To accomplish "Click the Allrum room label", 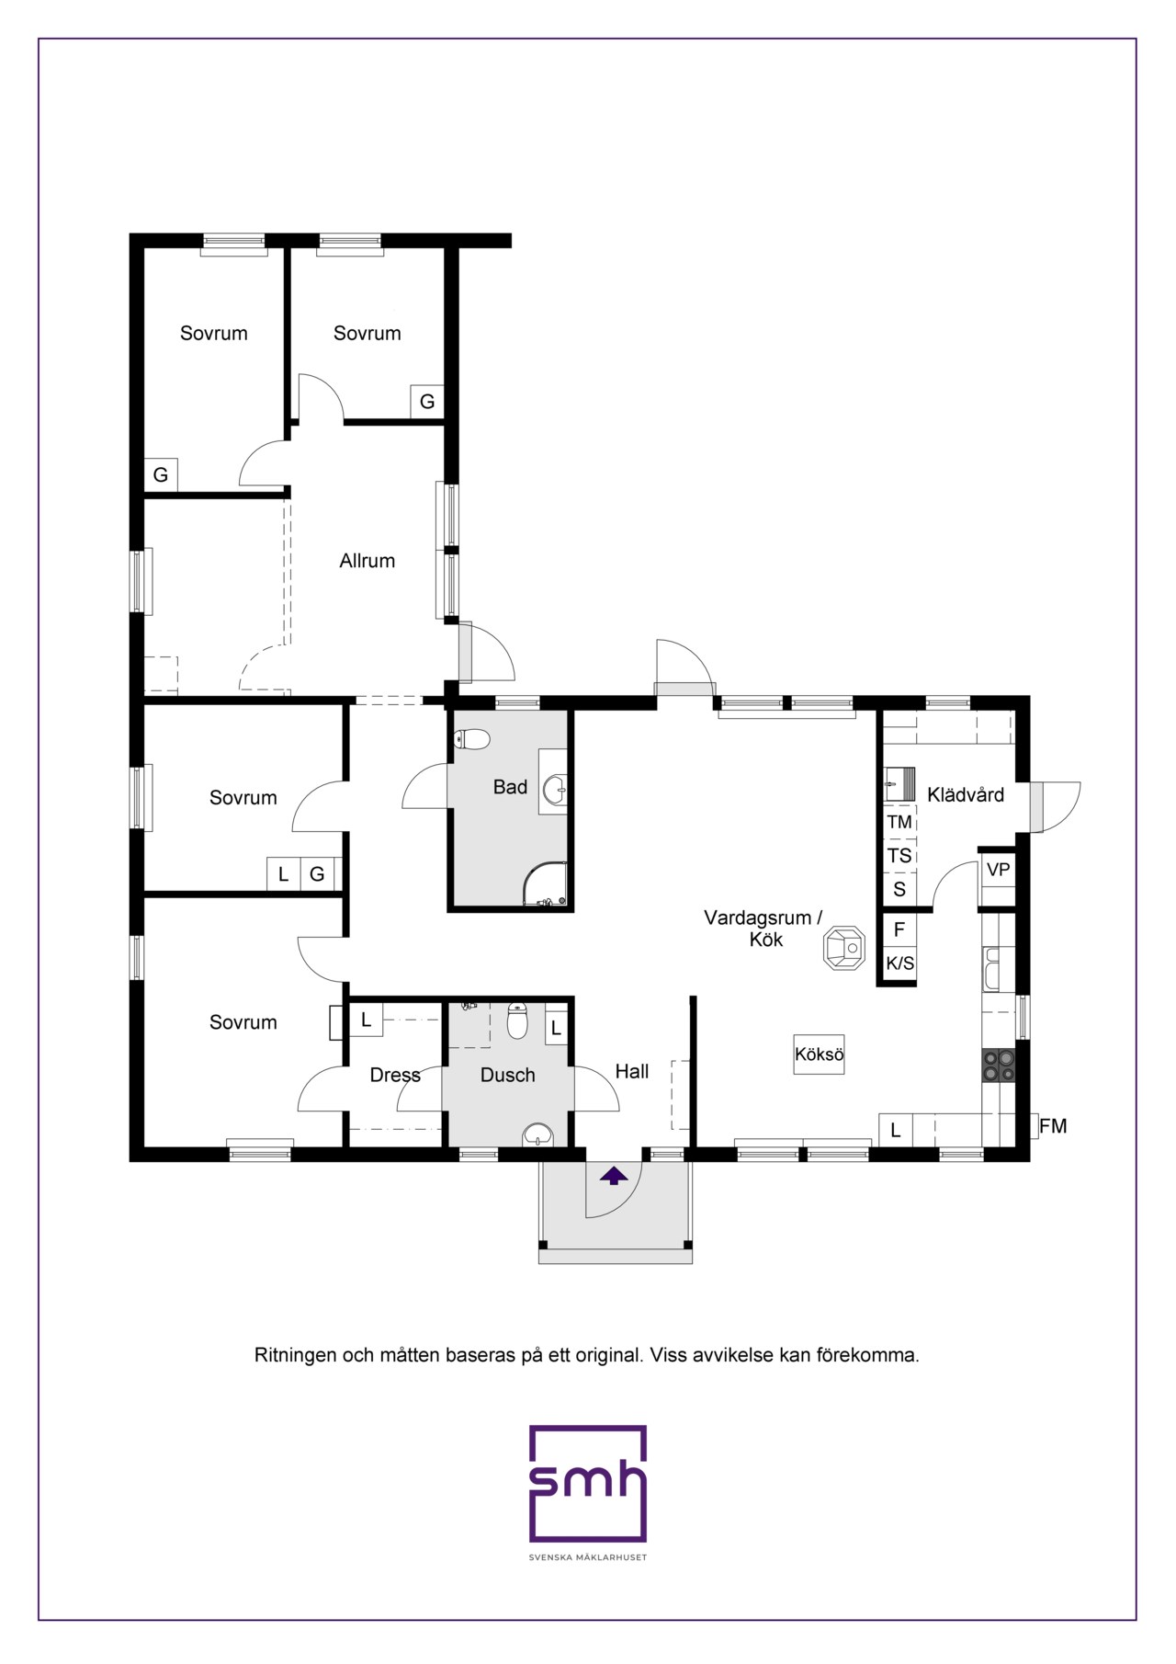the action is point(367,561).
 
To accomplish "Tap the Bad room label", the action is point(510,787).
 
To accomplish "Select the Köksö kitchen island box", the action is point(820,1054).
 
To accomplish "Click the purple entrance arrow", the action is point(614,1175).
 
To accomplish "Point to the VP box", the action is point(998,870).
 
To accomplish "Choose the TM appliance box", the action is point(899,822).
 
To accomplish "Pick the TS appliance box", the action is point(899,856).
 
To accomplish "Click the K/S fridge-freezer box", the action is point(899,963).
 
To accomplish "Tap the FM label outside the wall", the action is point(1053,1126).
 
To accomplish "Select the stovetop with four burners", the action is point(999,1066).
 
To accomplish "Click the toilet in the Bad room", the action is point(472,739).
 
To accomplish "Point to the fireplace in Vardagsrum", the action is point(843,948).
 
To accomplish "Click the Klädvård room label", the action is point(966,795).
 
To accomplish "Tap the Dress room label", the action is point(395,1076).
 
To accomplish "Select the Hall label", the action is point(632,1072).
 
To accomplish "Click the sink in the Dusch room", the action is point(537,1135).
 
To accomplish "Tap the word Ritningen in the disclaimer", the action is point(295,1356).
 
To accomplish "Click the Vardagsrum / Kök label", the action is point(763,929).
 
